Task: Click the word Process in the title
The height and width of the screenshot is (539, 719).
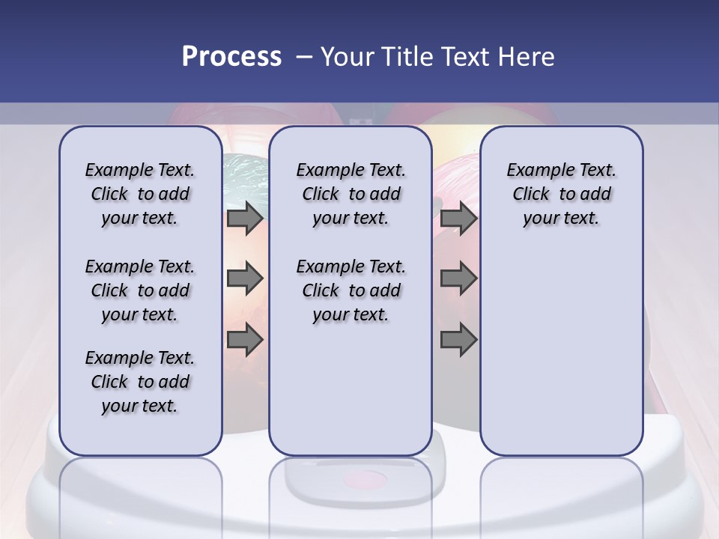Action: (x=231, y=57)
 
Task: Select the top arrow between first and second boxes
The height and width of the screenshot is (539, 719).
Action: (x=245, y=219)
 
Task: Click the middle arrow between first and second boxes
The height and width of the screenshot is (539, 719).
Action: (x=245, y=278)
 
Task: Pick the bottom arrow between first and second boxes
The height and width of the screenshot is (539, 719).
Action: (x=245, y=340)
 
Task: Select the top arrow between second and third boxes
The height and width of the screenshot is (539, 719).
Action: (x=458, y=219)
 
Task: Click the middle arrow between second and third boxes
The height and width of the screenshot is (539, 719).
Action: (x=458, y=278)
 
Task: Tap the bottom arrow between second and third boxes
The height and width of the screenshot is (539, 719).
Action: (x=458, y=340)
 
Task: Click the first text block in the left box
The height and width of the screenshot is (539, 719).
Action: (x=140, y=194)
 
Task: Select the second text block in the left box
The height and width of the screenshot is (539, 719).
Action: (x=140, y=290)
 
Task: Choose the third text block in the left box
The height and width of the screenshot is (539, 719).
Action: (x=140, y=382)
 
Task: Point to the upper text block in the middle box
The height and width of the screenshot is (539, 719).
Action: (x=351, y=194)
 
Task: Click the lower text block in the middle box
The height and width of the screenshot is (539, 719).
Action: (x=351, y=290)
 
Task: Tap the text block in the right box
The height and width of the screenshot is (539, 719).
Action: (x=561, y=194)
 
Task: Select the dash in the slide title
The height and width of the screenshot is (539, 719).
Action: (x=304, y=57)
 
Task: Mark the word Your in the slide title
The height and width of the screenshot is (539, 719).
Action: (x=346, y=57)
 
